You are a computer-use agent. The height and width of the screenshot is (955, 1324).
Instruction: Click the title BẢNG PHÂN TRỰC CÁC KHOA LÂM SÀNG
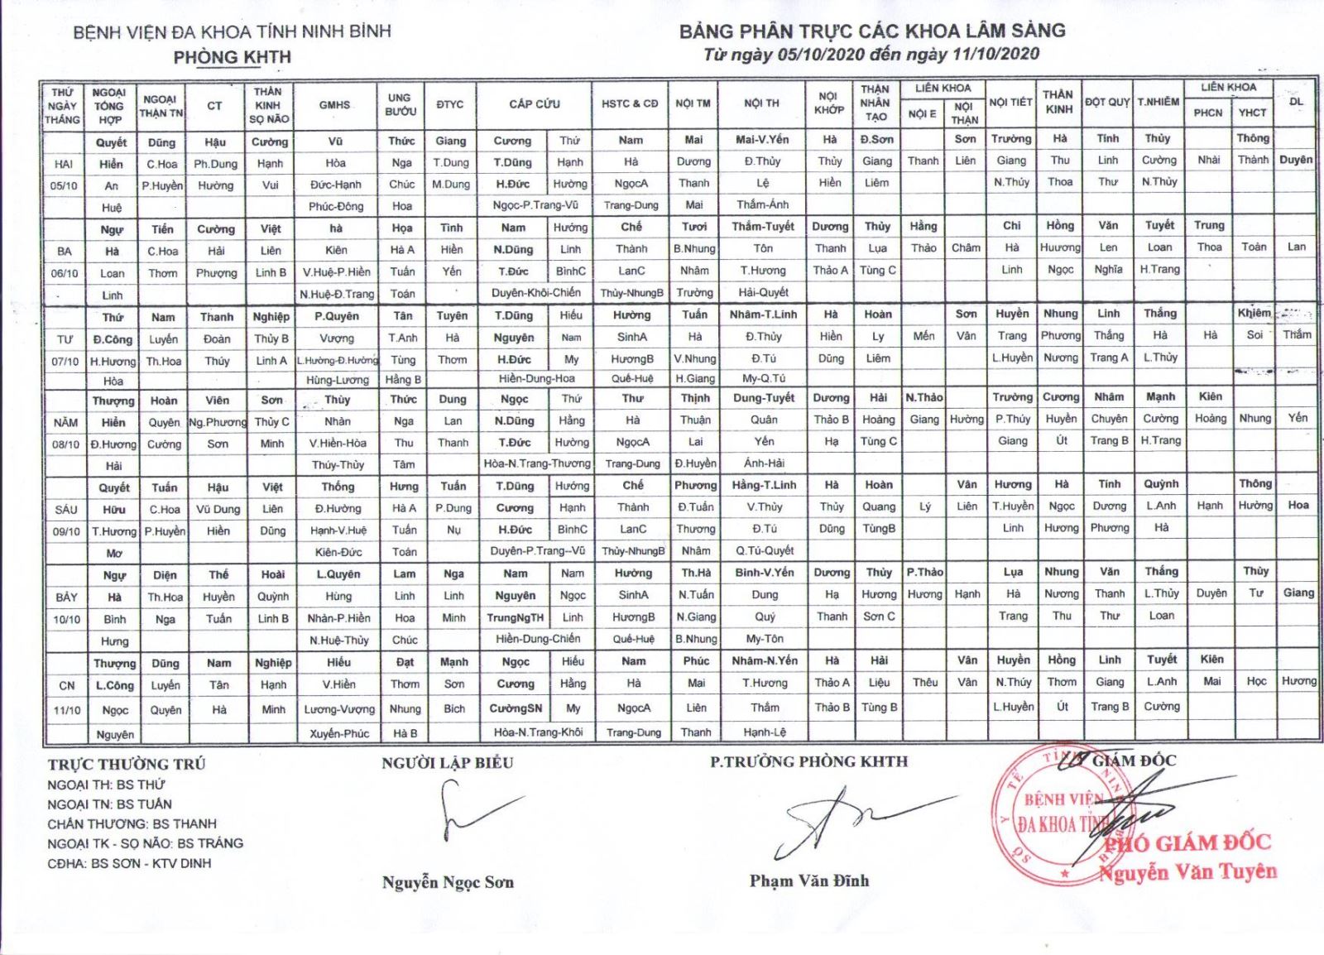tap(872, 31)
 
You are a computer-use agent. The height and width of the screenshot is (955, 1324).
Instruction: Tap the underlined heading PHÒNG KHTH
tap(232, 57)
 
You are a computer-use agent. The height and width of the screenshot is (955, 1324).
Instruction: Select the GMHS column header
tap(335, 105)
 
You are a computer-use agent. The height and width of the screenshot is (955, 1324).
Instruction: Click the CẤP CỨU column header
tap(535, 104)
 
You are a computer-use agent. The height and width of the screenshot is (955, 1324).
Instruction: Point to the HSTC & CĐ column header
tap(630, 104)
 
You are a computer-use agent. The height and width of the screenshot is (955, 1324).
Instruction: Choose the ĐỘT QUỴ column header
tap(1107, 102)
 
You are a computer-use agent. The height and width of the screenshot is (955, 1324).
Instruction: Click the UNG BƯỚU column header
tap(400, 104)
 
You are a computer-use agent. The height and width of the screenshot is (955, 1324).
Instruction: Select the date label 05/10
tap(64, 186)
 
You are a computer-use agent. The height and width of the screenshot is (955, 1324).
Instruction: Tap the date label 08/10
tap(65, 444)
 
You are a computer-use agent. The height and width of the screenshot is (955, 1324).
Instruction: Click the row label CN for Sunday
tap(67, 685)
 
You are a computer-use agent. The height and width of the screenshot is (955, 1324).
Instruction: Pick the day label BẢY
tap(66, 597)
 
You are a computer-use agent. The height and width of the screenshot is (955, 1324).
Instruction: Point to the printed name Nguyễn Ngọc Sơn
tap(448, 882)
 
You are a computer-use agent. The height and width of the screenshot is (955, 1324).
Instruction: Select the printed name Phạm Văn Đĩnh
tap(808, 881)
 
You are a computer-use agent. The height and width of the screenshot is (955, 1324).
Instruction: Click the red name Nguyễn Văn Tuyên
tap(1187, 871)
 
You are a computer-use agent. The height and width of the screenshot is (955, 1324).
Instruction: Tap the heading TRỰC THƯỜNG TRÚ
tap(126, 764)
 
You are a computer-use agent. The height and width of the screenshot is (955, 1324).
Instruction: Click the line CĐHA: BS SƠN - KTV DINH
tap(129, 863)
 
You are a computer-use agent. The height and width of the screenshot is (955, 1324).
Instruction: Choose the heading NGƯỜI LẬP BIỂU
tap(447, 763)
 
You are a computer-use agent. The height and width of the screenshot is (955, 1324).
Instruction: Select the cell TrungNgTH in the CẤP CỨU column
tap(516, 617)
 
